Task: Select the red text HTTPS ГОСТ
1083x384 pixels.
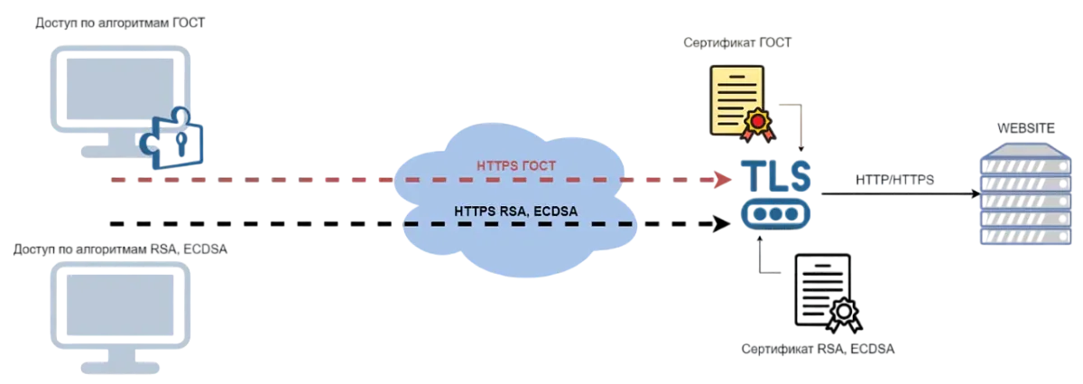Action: [x=514, y=166]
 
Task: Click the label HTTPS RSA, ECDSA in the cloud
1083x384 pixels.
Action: [x=516, y=211]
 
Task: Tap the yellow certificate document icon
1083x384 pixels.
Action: [x=736, y=99]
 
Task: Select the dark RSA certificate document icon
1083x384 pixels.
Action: [x=821, y=289]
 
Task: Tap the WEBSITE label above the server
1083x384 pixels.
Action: [x=1024, y=127]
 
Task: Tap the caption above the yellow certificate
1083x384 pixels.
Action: [x=737, y=43]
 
